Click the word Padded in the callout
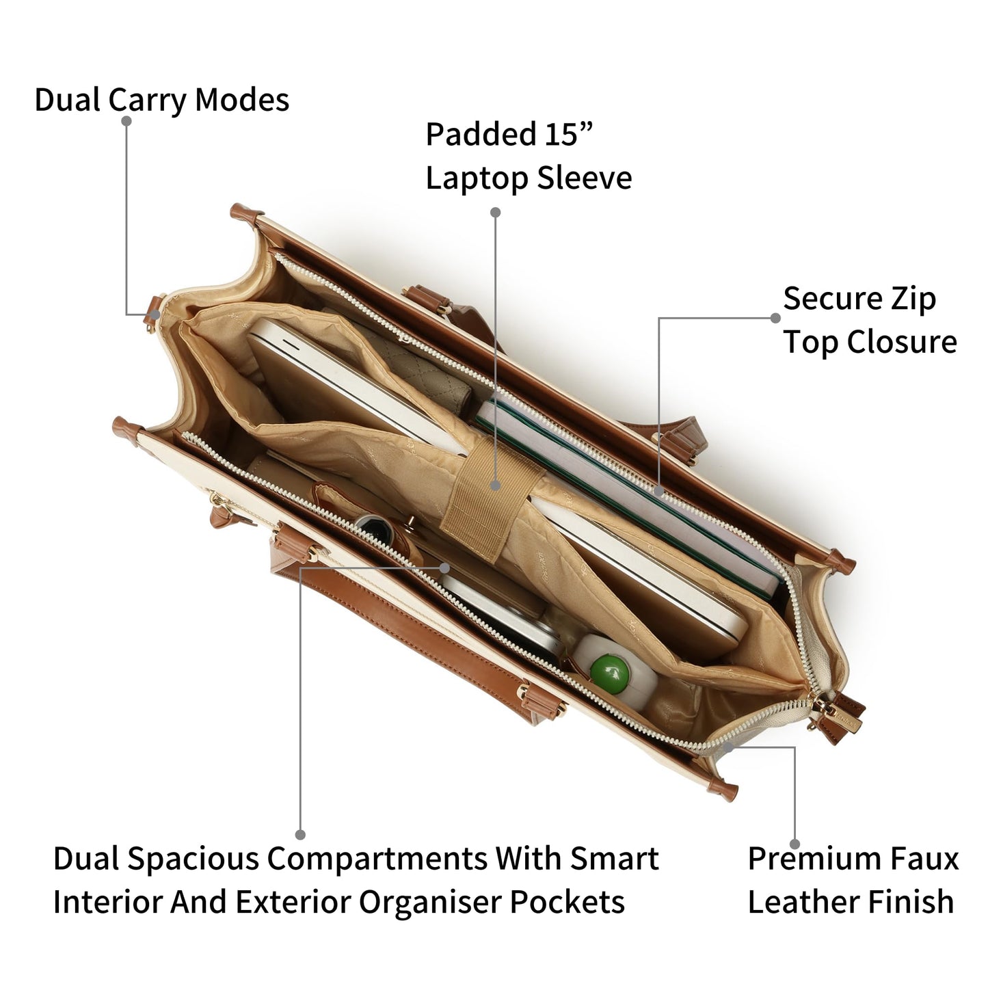(x=481, y=134)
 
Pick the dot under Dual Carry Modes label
(x=126, y=121)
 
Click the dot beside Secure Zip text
(x=775, y=319)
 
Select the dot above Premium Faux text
(x=795, y=844)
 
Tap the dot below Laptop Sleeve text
(x=495, y=212)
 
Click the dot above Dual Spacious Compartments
(x=300, y=835)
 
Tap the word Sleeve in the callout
(x=585, y=178)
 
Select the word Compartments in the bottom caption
(x=377, y=859)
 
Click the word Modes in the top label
(x=242, y=100)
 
